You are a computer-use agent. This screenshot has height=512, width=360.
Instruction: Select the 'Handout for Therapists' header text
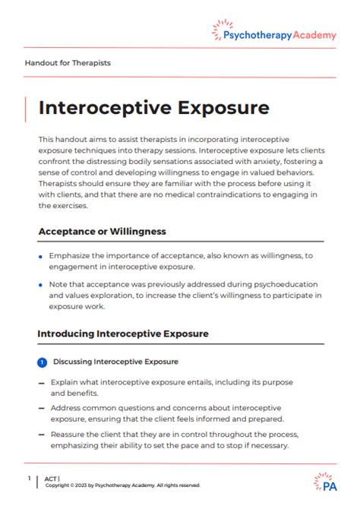coord(68,63)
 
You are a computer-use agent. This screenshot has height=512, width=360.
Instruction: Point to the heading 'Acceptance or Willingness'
coord(102,231)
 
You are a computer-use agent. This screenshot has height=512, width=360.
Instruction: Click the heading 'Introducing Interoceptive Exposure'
coord(123,333)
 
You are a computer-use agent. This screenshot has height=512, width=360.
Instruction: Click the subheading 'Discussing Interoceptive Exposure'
coord(115,362)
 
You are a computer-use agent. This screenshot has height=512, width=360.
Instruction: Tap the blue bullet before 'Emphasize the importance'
coord(40,258)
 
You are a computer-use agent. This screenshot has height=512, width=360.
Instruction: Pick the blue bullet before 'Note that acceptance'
coord(40,284)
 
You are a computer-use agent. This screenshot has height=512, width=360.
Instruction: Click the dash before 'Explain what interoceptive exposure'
coord(41,383)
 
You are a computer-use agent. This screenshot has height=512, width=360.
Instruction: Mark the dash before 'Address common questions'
coord(41,409)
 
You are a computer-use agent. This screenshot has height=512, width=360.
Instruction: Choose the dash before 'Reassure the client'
coord(41,435)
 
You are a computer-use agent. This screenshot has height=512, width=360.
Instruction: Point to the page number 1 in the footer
coord(28,479)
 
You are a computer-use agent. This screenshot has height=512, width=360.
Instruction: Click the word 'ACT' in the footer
coord(51,479)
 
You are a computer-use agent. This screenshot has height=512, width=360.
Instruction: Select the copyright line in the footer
coord(122,485)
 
